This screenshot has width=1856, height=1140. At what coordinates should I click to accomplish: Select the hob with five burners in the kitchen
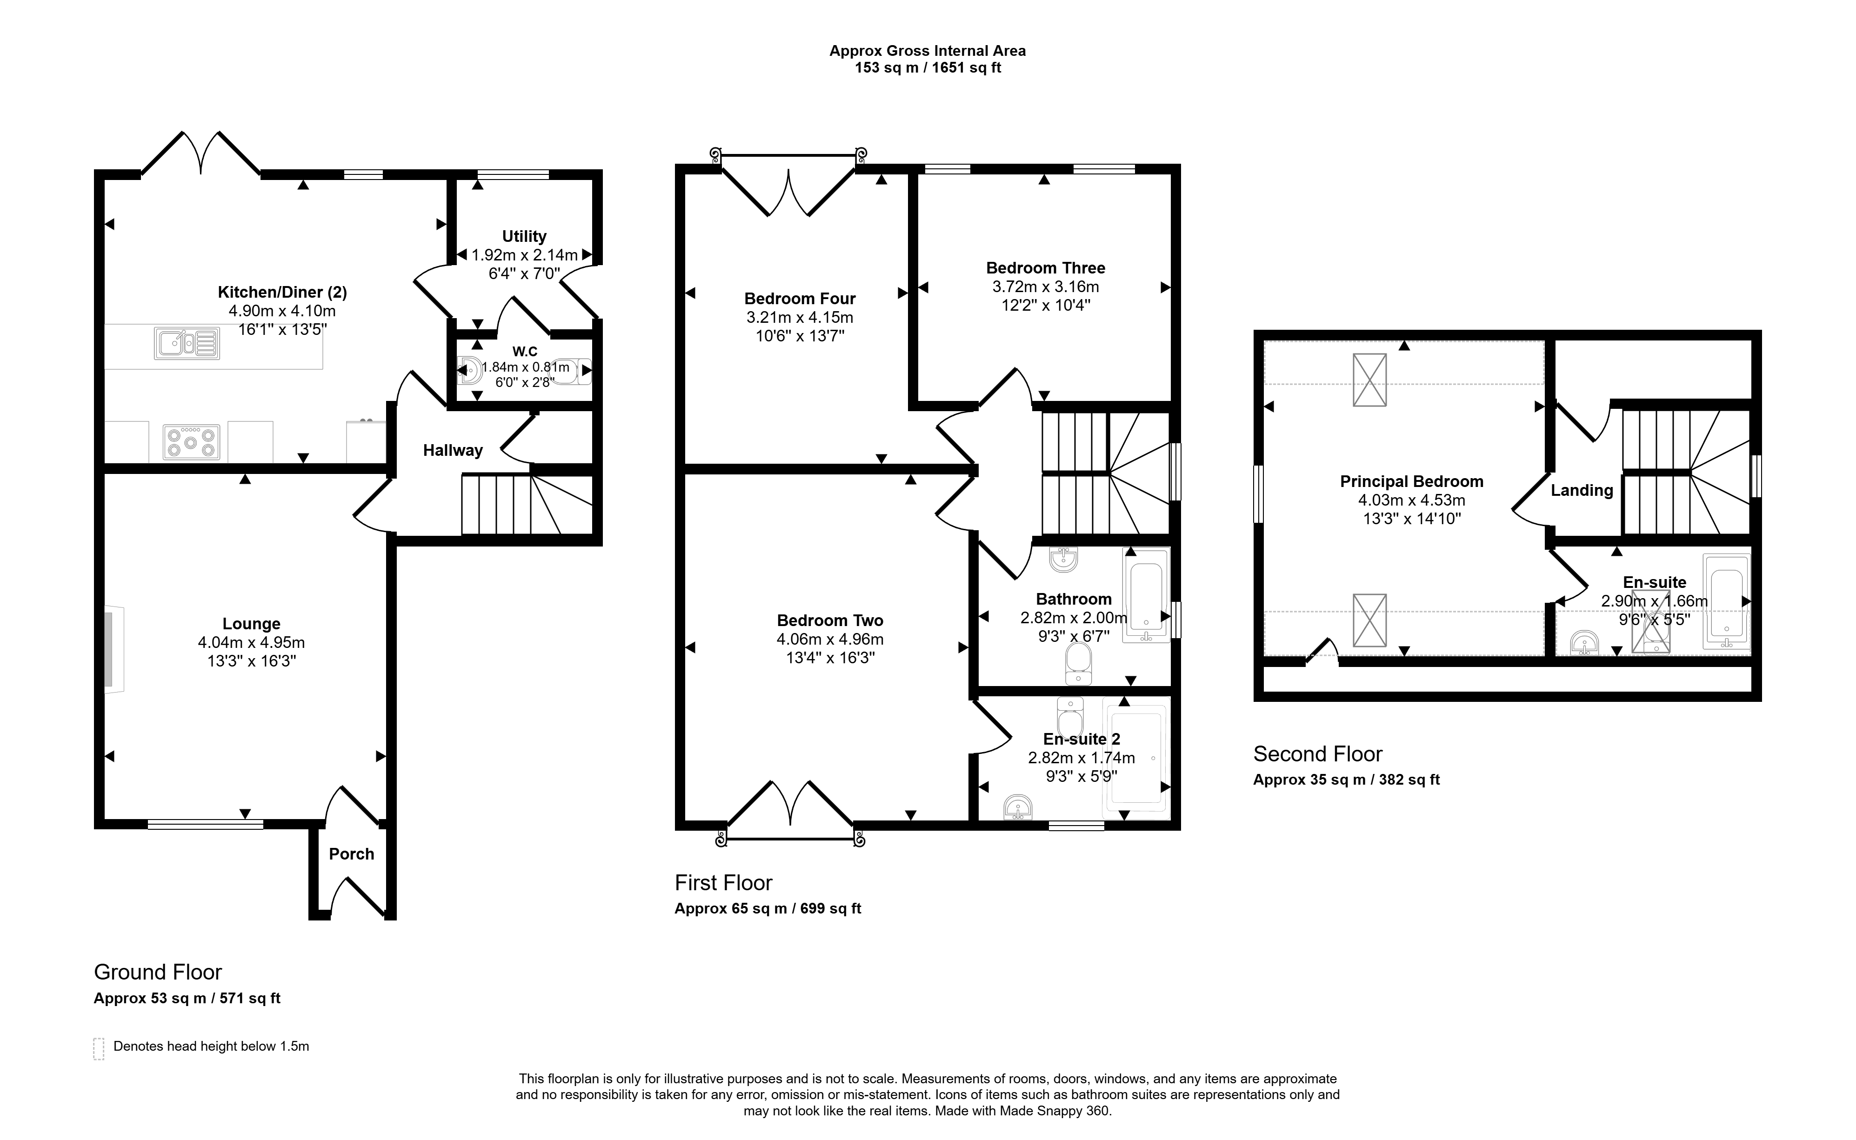point(192,442)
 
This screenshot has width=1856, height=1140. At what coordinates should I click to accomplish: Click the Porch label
point(351,853)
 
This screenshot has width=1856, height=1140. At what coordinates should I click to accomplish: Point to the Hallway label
point(452,450)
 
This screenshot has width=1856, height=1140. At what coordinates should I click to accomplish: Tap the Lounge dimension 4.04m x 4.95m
point(251,642)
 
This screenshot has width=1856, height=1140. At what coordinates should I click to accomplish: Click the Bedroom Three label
point(1046,267)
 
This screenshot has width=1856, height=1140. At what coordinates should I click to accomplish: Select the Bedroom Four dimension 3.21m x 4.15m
point(800,317)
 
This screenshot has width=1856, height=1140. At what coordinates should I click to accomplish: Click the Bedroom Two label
point(830,620)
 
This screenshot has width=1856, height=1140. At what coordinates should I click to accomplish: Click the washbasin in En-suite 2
point(1018,807)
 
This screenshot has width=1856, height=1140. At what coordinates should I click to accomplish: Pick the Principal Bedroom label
point(1412,481)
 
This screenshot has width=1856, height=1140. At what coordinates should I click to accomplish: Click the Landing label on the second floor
point(1582,490)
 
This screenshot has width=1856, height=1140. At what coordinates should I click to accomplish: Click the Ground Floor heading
point(158,972)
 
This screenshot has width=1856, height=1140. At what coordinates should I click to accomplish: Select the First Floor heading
point(724,882)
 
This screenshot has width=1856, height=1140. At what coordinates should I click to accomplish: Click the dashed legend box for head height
point(99,1049)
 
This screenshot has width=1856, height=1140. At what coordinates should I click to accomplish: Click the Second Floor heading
point(1318,754)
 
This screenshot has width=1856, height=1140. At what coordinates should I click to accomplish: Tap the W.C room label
point(525,351)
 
